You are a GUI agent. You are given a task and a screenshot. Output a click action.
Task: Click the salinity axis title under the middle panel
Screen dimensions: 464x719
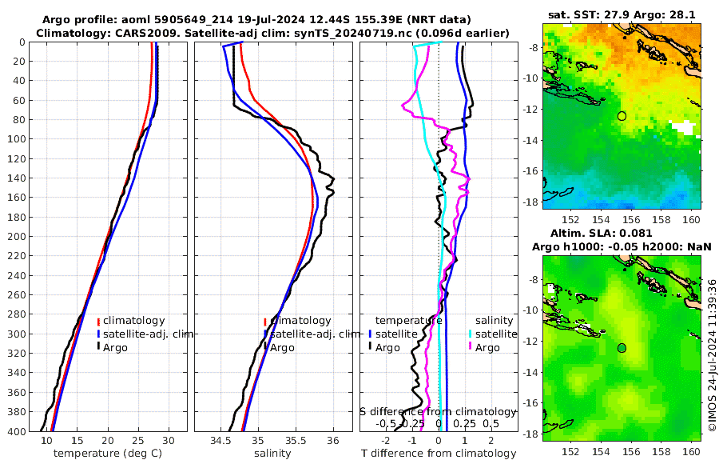pos(272,454)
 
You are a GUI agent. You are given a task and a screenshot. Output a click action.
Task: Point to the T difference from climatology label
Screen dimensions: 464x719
pos(438,454)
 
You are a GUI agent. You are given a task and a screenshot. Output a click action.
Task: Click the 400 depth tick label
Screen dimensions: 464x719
pos(15,432)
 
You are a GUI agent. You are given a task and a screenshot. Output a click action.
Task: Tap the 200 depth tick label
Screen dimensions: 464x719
pos(15,237)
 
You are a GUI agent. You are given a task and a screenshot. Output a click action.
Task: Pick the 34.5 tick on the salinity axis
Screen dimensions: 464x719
pos(220,441)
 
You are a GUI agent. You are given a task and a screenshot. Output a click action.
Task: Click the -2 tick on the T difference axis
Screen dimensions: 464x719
pos(387,441)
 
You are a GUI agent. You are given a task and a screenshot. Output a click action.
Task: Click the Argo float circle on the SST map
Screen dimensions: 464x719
pos(622,116)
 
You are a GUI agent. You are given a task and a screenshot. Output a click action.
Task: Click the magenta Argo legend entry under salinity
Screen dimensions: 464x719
pos(487,347)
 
